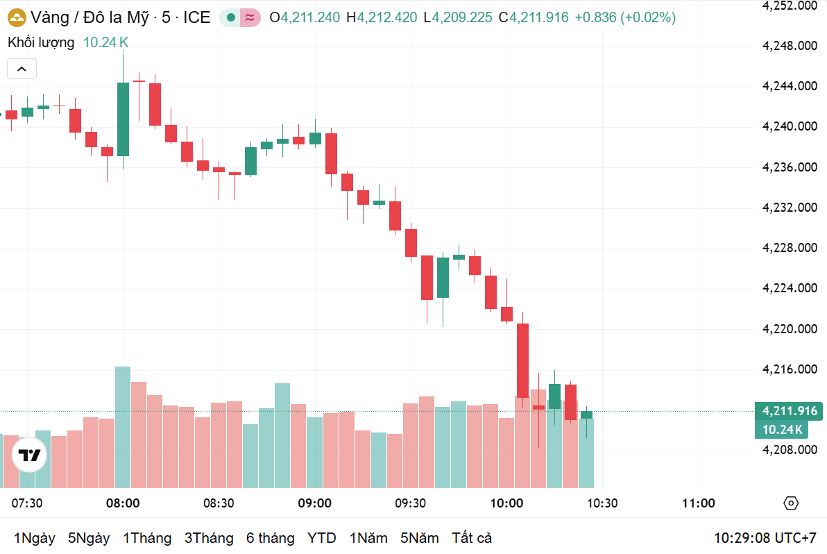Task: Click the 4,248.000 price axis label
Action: click(x=788, y=46)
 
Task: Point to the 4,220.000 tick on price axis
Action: click(x=788, y=328)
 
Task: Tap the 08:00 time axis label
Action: click(x=123, y=503)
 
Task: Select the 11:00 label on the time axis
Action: click(x=698, y=503)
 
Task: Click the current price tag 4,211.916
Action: click(x=788, y=411)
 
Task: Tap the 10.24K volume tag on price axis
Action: click(x=781, y=430)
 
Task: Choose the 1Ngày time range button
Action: click(x=34, y=538)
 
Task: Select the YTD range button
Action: click(x=321, y=538)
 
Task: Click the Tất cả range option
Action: click(x=472, y=538)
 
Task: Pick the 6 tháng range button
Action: click(x=270, y=538)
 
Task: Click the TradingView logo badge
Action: click(x=29, y=456)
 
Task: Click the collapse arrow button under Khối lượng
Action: click(x=22, y=69)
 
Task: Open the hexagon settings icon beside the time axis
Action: click(x=791, y=503)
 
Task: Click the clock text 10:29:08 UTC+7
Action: click(x=765, y=538)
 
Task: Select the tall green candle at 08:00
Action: click(x=123, y=119)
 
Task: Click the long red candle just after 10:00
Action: click(x=522, y=360)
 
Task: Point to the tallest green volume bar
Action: click(x=123, y=427)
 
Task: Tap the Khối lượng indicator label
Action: click(x=41, y=42)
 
